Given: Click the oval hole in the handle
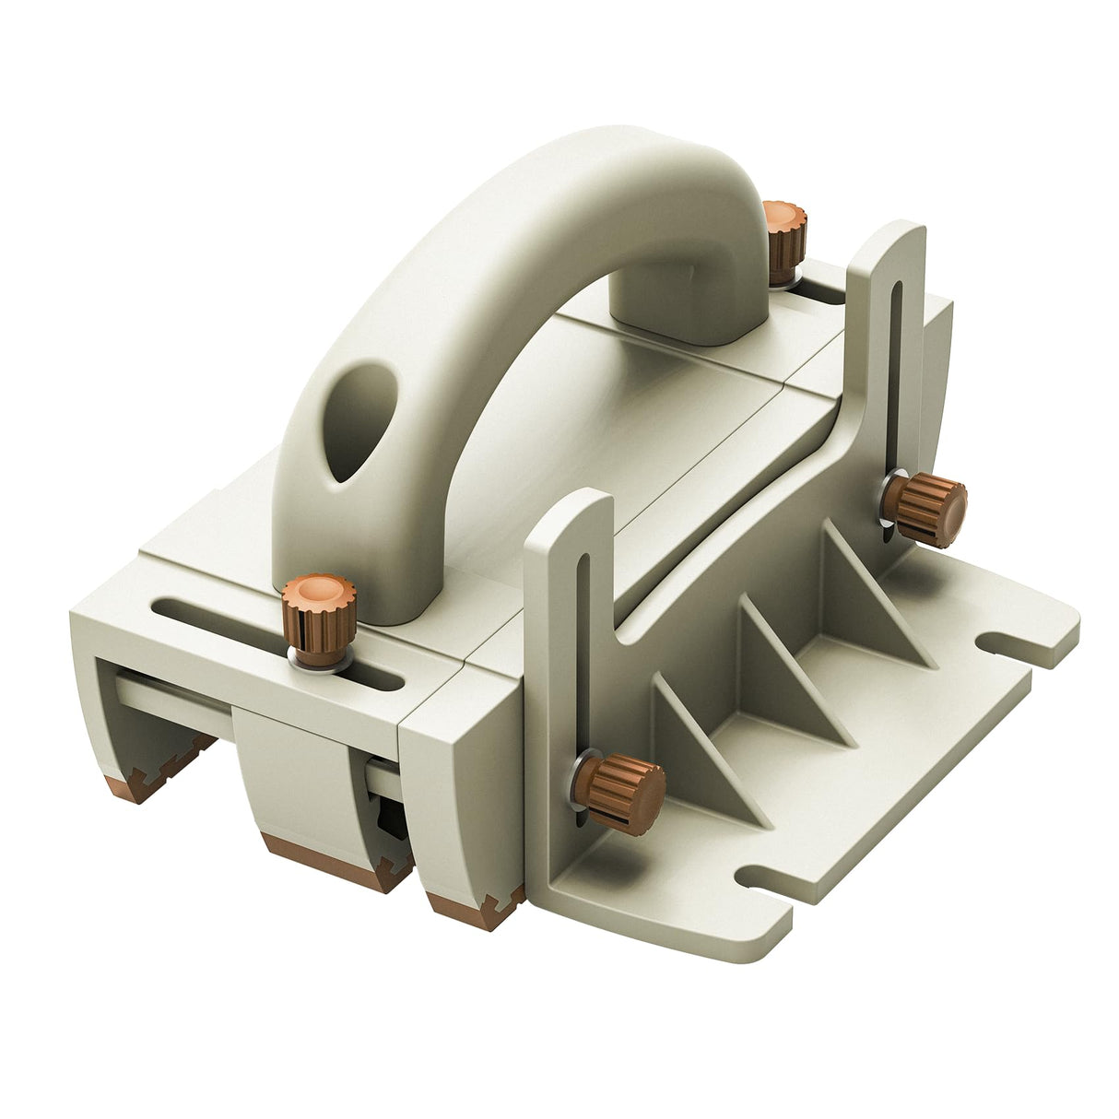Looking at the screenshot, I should pyautogui.click(x=357, y=424).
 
